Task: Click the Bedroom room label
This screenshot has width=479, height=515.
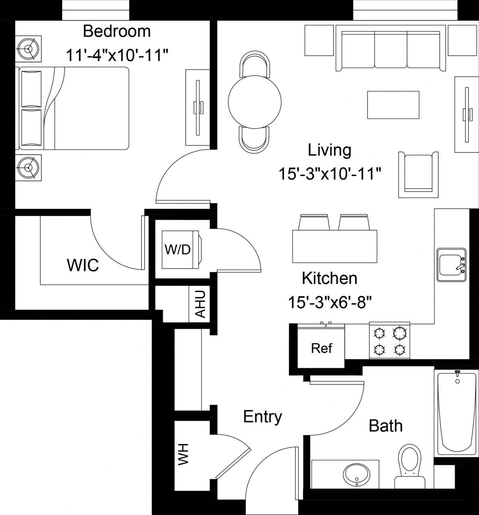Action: click(x=117, y=31)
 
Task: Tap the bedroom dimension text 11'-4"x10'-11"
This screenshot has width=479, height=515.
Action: click(x=117, y=55)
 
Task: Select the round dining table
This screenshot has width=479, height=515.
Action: click(x=254, y=101)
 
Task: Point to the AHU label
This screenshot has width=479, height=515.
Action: click(x=200, y=304)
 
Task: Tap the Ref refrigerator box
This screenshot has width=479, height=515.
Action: click(x=321, y=348)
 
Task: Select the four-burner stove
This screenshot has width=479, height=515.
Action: click(x=389, y=341)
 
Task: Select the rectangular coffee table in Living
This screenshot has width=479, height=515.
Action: click(x=393, y=105)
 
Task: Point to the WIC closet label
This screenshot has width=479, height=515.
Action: click(x=83, y=265)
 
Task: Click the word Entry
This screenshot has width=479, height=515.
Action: click(x=262, y=417)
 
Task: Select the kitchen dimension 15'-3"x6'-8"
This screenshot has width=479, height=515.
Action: click(x=330, y=302)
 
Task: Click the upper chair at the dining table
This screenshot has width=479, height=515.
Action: click(x=254, y=64)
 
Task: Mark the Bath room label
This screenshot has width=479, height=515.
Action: click(x=386, y=426)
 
